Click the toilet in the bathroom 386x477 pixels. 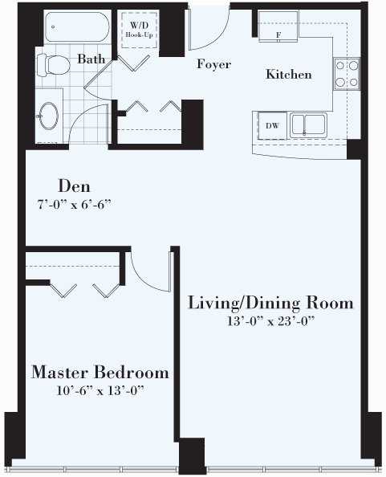click(53, 64)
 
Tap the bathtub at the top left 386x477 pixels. click(77, 26)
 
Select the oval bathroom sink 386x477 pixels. click(48, 116)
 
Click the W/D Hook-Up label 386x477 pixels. click(139, 30)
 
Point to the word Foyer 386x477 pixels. click(213, 64)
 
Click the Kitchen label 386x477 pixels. click(289, 75)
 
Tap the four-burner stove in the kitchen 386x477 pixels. click(347, 74)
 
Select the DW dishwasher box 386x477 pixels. click(272, 125)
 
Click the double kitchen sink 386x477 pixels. click(308, 124)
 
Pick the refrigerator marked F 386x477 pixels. click(278, 26)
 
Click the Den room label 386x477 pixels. click(74, 185)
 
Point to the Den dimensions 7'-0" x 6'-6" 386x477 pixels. click(74, 205)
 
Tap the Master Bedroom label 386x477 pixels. click(100, 372)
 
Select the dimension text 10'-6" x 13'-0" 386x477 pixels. click(100, 390)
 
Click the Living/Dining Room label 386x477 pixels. click(270, 303)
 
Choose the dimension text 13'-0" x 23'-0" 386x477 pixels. click(270, 321)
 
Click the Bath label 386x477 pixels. click(91, 59)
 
